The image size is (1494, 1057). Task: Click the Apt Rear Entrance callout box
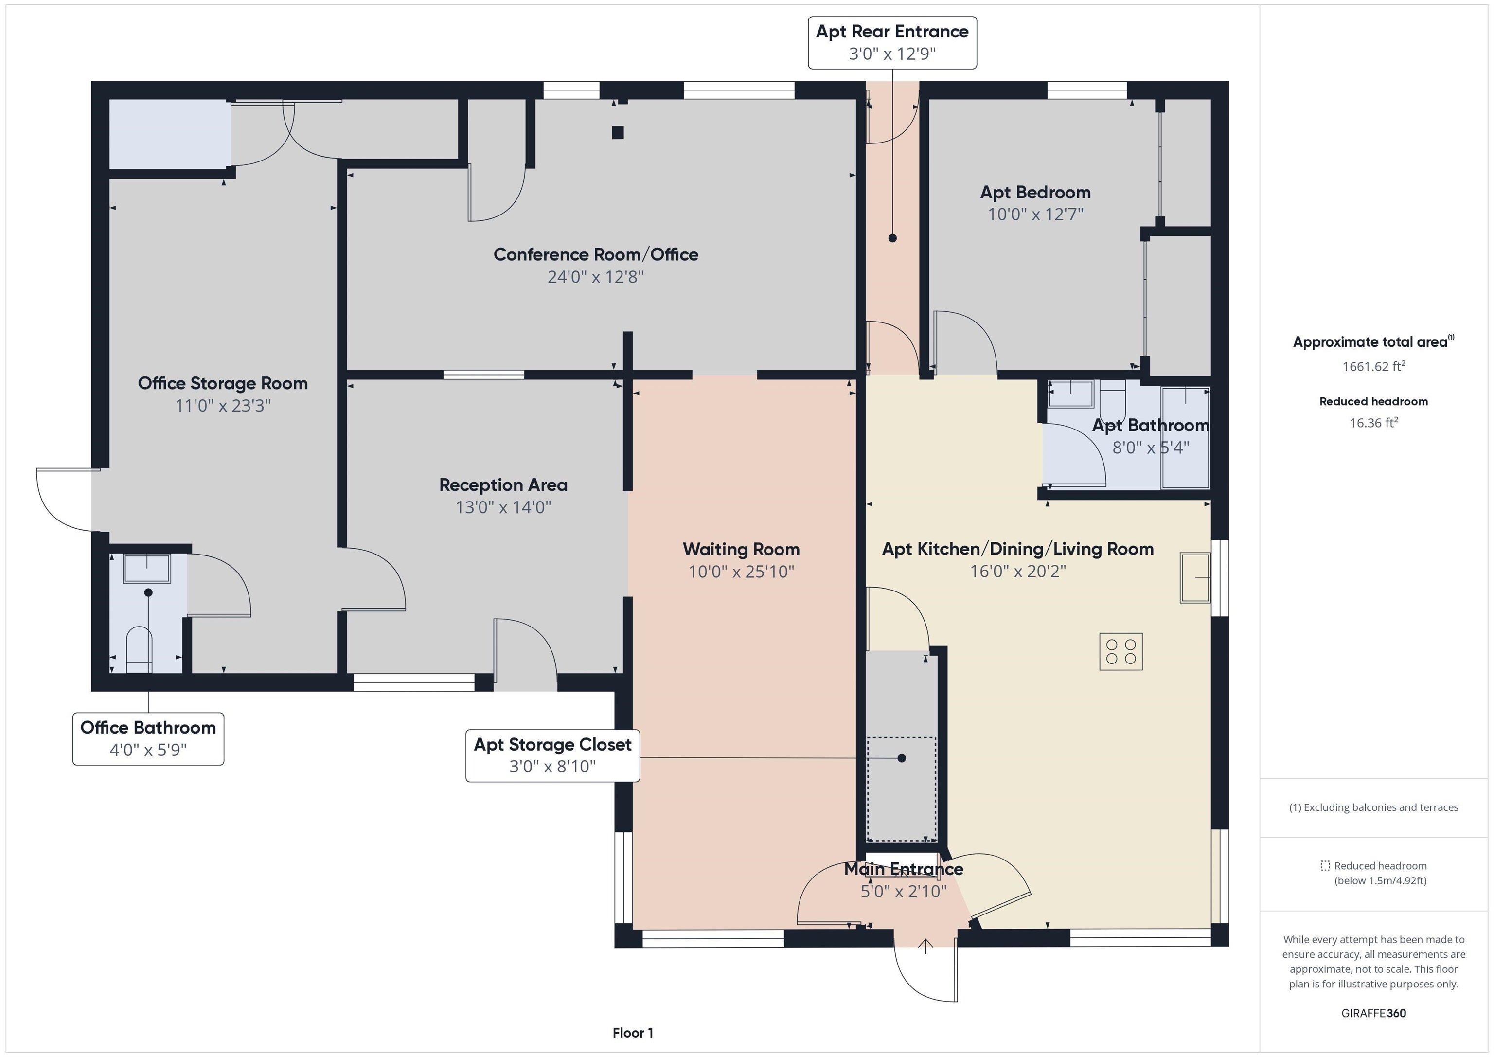891,42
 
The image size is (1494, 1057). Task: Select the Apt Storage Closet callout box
552,755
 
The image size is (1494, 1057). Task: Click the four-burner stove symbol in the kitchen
1120,651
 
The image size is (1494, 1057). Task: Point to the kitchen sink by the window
1195,577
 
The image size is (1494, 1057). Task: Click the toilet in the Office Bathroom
139,647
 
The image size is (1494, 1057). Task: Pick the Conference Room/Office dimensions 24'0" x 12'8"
595,277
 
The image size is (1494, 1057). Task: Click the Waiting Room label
741,549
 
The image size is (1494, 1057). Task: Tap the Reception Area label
503,485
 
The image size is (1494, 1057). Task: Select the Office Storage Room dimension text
223,406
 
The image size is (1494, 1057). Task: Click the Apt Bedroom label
1035,193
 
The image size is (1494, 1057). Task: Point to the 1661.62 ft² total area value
1373,366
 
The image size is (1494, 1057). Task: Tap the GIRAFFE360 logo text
1373,1013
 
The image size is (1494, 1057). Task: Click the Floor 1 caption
633,1032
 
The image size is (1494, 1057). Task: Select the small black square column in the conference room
618,133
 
